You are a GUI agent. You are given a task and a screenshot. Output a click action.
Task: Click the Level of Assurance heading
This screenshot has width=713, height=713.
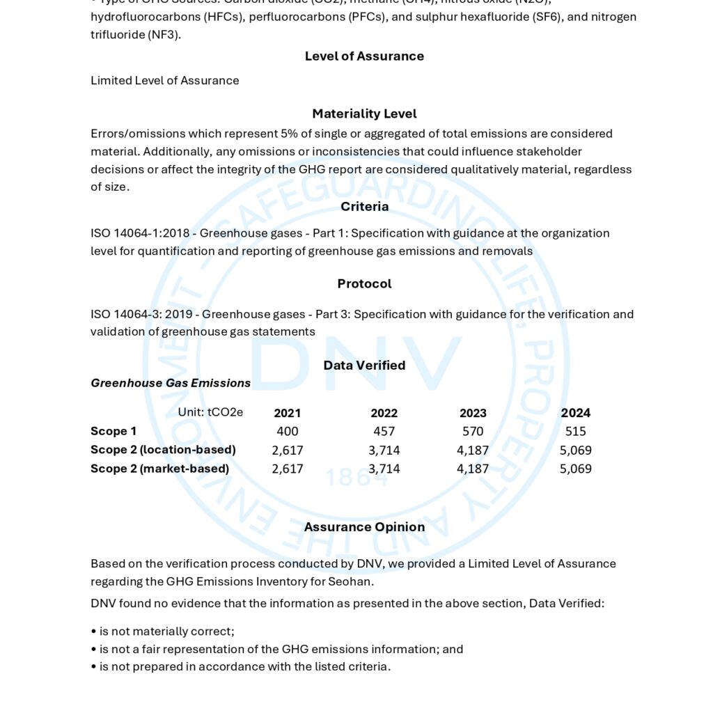coord(364,56)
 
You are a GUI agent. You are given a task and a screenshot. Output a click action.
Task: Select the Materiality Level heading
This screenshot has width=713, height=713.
coord(364,113)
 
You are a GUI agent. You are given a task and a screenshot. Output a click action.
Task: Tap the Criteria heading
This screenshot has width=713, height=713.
coord(364,206)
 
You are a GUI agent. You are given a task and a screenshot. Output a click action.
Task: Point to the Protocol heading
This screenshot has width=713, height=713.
coord(364,283)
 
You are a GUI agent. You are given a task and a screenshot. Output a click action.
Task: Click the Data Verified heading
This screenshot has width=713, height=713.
coord(364,365)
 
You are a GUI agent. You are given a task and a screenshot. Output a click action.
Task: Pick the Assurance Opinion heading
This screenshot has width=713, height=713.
coord(364,527)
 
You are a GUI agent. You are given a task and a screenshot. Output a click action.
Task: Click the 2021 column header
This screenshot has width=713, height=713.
coord(288,413)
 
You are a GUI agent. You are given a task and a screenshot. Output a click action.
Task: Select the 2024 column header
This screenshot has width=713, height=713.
coord(576,413)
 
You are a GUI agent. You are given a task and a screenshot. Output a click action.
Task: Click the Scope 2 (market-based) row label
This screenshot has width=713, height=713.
coord(159,469)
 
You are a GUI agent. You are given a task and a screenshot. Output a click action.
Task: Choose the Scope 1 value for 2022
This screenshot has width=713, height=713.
coord(384,432)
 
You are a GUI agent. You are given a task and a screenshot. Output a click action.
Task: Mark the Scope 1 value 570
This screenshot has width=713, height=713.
coord(473,432)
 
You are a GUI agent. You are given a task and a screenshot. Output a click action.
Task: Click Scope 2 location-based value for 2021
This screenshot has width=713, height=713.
coord(288,450)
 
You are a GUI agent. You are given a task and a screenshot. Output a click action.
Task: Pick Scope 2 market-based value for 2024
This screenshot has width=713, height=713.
coord(576,469)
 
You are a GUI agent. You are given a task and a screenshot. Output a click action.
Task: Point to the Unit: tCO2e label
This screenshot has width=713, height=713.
coord(210,412)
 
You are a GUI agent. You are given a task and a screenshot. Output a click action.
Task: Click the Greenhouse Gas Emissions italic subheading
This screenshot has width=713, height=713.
coord(171,383)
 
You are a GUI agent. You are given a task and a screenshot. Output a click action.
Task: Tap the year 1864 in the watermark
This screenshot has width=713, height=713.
coord(356,476)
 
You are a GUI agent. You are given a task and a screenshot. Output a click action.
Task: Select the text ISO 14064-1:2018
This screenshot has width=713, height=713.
coord(140,233)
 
